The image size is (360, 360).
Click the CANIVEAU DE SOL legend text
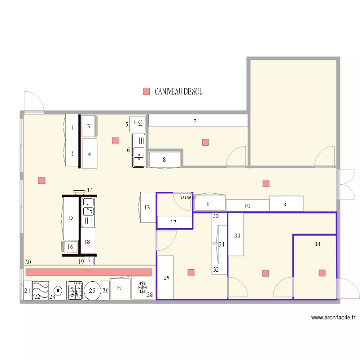click(178, 91)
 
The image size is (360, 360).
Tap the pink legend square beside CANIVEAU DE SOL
click(146, 91)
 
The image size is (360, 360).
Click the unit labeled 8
click(165, 159)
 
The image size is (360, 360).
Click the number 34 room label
click(317, 244)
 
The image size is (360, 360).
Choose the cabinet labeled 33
click(236, 236)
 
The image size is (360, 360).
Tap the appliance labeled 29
click(166, 277)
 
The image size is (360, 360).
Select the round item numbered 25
click(92, 291)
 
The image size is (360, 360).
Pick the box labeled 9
click(286, 204)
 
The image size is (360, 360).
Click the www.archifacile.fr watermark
click(333, 317)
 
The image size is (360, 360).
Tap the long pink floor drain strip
click(88, 272)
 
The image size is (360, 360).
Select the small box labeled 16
click(70, 247)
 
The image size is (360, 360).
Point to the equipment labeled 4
click(89, 154)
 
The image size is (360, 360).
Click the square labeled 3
click(88, 127)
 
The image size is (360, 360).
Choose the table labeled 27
click(120, 288)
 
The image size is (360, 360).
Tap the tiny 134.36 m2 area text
click(188, 197)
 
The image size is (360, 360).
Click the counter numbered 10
click(247, 205)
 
